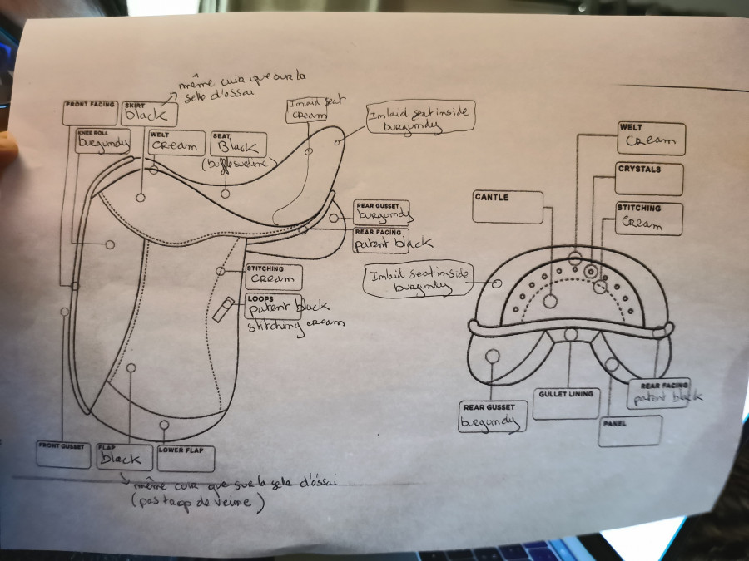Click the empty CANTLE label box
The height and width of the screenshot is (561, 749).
point(507,207)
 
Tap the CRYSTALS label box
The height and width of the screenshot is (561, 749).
point(649,179)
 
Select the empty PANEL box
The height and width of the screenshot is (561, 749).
point(629,431)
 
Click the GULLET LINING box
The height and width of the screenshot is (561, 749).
point(566,403)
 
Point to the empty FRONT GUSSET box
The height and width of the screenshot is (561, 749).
point(63,455)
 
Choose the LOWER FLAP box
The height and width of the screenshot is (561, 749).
point(186,459)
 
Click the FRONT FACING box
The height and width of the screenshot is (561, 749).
point(90,113)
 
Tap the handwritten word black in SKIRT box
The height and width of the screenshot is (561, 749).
point(146,116)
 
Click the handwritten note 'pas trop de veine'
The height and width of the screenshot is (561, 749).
point(198,502)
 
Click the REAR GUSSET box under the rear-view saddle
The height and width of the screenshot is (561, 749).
point(493,418)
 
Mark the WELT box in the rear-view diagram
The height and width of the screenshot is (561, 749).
point(651,139)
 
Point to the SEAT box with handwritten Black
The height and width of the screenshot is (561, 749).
point(238,145)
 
